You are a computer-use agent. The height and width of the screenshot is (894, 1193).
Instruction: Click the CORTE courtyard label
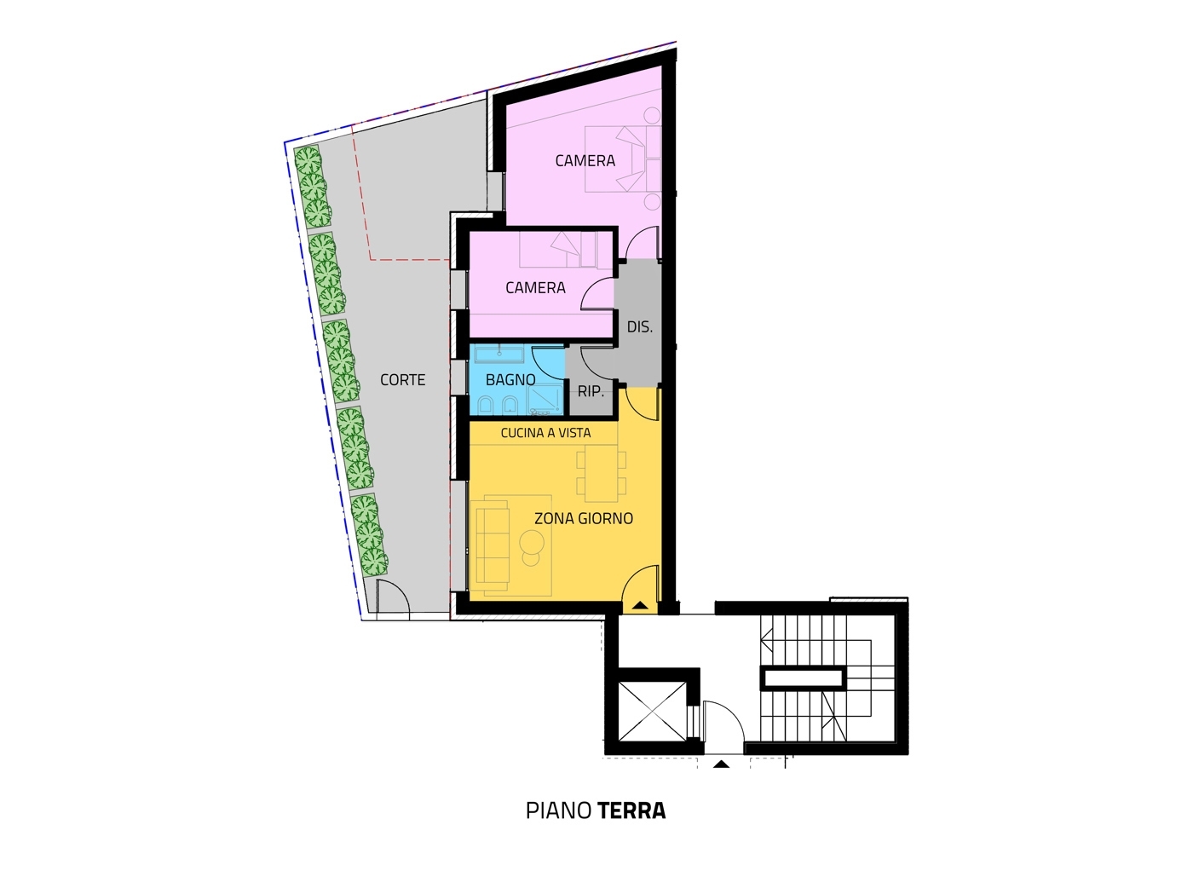[x=402, y=380]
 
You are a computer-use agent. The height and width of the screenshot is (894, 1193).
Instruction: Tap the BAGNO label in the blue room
[x=510, y=380]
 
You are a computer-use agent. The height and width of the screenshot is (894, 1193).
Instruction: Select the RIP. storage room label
[x=591, y=391]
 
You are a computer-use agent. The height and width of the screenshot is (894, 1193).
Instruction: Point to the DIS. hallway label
[x=640, y=327]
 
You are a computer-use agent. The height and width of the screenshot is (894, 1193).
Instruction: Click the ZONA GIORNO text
[x=584, y=518]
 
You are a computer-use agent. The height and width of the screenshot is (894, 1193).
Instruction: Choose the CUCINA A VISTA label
[x=545, y=433]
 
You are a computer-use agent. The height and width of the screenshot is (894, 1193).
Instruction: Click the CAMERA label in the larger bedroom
[x=585, y=161]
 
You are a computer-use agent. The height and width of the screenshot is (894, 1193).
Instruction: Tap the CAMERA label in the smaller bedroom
[x=535, y=288]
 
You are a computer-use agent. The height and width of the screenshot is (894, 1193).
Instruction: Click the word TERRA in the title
[x=631, y=810]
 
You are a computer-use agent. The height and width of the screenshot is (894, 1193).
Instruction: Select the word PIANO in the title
[x=559, y=810]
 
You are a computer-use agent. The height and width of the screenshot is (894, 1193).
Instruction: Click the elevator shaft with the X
[x=652, y=712]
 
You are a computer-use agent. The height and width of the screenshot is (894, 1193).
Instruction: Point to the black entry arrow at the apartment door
[x=640, y=605]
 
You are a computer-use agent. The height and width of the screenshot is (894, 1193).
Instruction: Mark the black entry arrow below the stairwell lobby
[x=721, y=764]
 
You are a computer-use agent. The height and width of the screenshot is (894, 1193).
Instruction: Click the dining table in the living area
[x=601, y=473]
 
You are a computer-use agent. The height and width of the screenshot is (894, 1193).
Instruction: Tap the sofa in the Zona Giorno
[x=493, y=545]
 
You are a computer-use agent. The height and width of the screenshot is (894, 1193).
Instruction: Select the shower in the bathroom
[x=545, y=400]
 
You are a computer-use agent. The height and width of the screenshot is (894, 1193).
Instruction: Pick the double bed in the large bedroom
[x=623, y=159]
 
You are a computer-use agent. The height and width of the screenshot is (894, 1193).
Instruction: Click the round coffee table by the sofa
[x=532, y=542]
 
